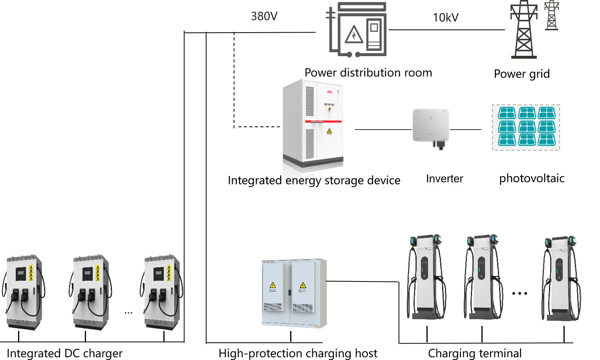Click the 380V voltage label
coord(264,16)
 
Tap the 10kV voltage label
coord(445,18)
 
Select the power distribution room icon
coord(357,30)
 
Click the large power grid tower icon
coord(523,30)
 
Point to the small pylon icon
coord(552,16)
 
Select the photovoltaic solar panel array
coord(526,127)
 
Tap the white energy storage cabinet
coord(313,124)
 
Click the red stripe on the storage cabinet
coord(323,122)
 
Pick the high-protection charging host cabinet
coord(294,293)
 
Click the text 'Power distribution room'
coord(368,73)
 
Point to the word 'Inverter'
coord(445,179)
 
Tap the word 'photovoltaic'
coord(532,179)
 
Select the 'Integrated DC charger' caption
coord(65,353)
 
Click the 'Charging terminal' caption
coord(475,353)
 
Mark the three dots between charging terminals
coord(520,293)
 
